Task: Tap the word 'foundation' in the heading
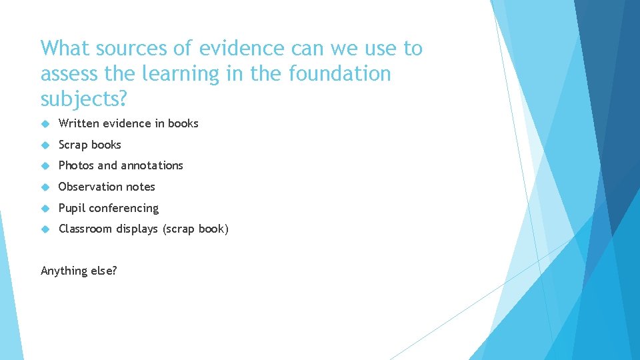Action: [340, 73]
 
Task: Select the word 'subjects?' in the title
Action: [83, 99]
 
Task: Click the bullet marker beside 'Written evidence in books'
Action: [45, 123]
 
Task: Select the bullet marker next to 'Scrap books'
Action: [45, 145]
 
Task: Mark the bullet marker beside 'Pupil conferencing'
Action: [45, 208]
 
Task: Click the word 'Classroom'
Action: [85, 229]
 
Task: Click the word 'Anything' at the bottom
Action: [64, 271]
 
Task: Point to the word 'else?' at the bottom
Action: [104, 271]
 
